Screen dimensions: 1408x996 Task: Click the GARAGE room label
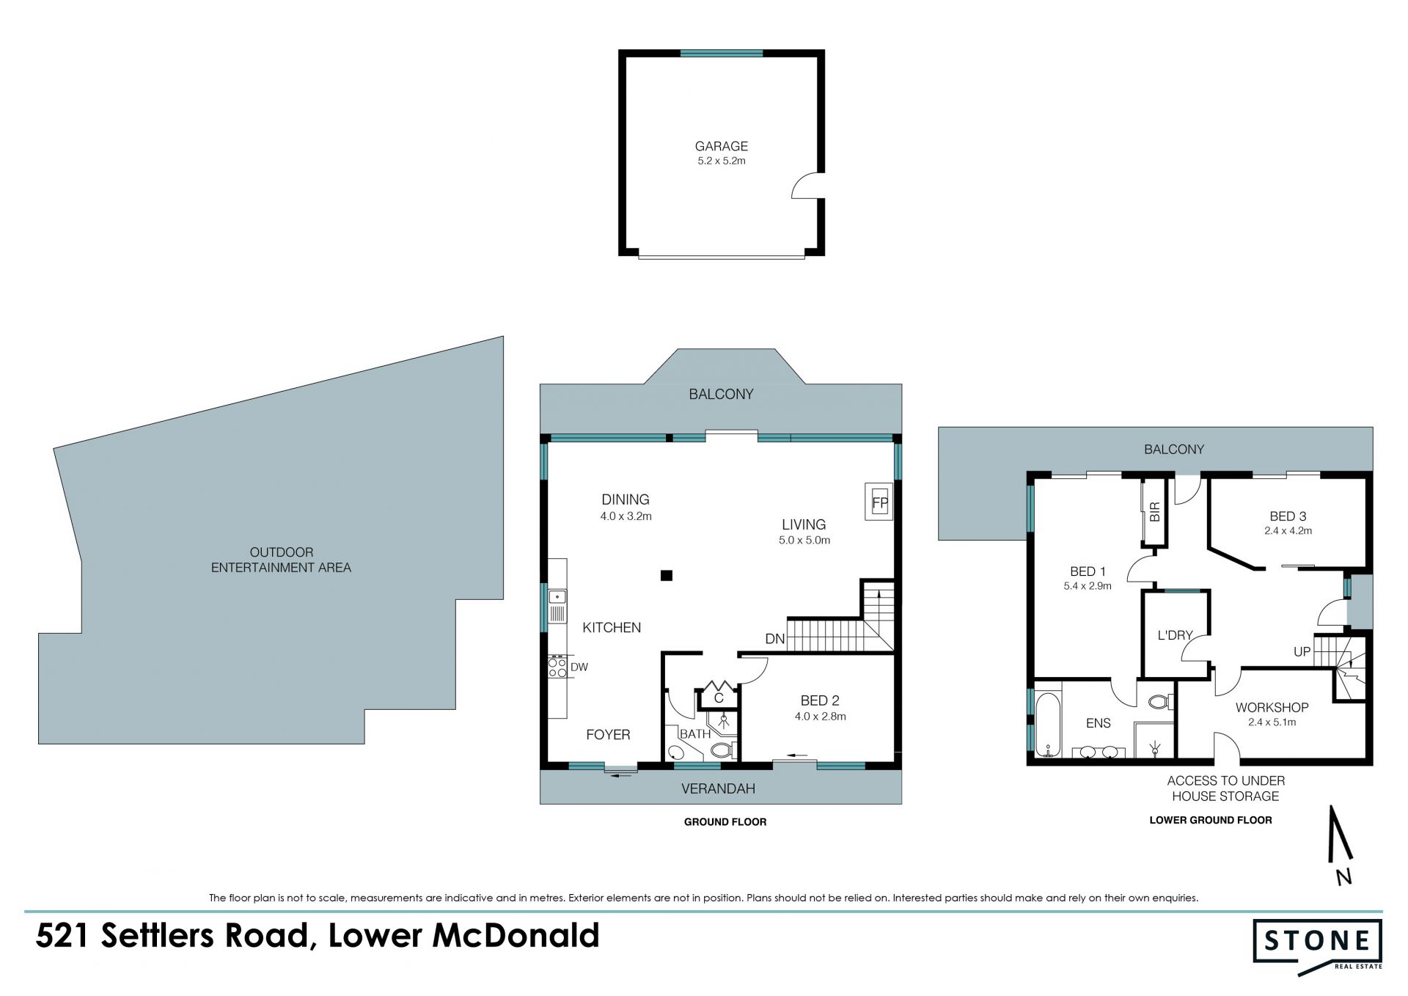721,146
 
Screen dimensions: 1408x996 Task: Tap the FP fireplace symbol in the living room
879,503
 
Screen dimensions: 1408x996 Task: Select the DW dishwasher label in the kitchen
579,667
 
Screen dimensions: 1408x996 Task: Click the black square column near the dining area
666,576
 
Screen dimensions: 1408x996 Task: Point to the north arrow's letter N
1343,876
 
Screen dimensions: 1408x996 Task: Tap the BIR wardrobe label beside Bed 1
1155,512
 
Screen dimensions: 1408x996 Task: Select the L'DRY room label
1175,635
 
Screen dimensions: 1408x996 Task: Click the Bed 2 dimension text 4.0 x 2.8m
820,717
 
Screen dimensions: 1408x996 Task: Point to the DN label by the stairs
775,640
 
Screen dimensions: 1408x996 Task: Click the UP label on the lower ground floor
1302,651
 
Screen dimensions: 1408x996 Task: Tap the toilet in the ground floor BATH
722,750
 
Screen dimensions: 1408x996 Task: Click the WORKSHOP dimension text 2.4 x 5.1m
1272,722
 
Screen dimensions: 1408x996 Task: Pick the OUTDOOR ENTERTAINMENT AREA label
281,560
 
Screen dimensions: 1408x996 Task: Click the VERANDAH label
718,789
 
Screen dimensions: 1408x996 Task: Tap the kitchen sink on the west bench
557,606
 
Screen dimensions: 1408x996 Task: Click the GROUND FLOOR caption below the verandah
725,822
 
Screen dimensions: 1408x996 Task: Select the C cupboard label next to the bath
719,698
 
